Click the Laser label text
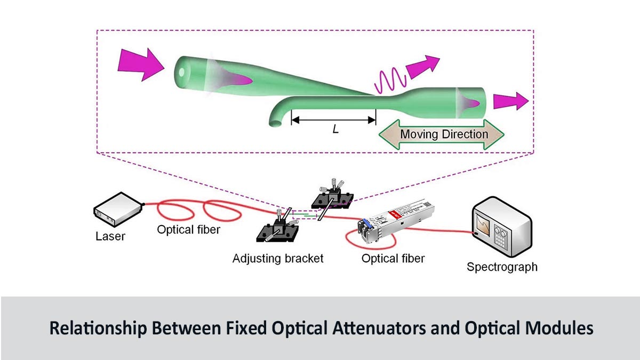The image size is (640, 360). click(110, 236)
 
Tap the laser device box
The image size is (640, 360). click(118, 210)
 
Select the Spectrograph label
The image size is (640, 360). click(501, 267)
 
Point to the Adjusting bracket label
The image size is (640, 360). click(278, 259)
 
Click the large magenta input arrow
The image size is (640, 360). click(140, 65)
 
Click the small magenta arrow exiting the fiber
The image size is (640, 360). click(510, 101)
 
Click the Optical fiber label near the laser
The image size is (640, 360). click(188, 230)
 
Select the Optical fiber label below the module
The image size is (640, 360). click(393, 259)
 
